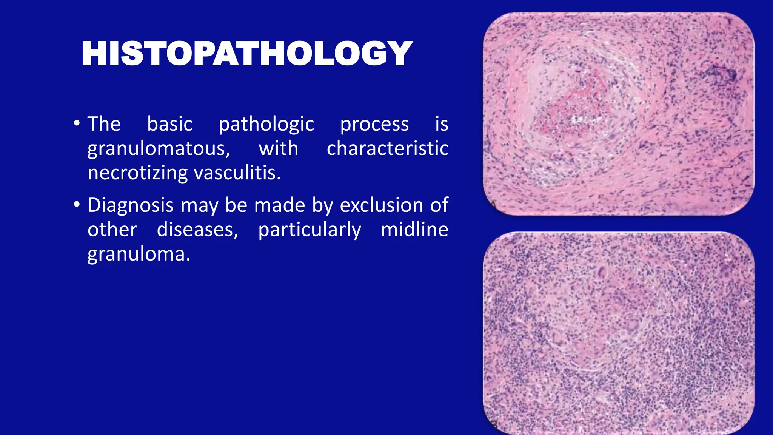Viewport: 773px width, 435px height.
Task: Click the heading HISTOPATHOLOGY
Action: [247, 54]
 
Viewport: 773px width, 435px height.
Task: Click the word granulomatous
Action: [159, 148]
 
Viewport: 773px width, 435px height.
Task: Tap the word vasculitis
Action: [237, 173]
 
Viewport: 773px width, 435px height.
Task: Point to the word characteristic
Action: [387, 148]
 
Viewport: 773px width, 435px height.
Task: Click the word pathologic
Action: [266, 124]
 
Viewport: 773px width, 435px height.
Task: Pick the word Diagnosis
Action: [130, 206]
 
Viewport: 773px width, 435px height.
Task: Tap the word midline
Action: [414, 230]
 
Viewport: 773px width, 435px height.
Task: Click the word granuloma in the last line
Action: [139, 255]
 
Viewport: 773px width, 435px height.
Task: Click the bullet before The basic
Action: [77, 123]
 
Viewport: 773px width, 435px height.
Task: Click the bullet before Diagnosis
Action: [77, 205]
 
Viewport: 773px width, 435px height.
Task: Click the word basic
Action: [169, 124]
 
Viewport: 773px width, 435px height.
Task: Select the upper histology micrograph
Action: [618, 114]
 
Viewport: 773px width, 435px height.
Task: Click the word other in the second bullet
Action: [112, 230]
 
